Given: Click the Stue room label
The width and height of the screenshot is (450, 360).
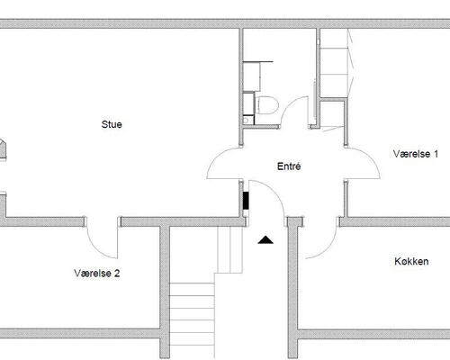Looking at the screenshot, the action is (x=112, y=124).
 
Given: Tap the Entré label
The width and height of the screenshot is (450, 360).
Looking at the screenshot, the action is (x=289, y=166).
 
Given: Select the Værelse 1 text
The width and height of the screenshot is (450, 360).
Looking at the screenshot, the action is (x=416, y=154).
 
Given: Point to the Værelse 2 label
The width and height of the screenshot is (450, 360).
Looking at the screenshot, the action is (x=97, y=273).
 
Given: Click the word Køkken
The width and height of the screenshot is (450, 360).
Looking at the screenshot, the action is (x=411, y=261).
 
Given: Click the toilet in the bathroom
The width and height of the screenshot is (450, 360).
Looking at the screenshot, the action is (x=266, y=105).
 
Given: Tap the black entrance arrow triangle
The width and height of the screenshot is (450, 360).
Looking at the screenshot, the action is (x=265, y=239).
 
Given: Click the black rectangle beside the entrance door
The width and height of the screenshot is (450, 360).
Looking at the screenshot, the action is (x=246, y=201).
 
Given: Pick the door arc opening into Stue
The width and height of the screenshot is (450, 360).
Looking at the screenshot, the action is (x=214, y=157).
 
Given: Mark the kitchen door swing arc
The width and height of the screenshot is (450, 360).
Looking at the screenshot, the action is (x=329, y=248).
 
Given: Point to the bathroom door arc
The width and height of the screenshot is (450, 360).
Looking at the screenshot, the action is (x=287, y=105).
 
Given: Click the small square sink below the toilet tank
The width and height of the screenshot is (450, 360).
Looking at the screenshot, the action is (x=247, y=121).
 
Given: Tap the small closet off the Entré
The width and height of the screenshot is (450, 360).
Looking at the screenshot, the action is (x=332, y=114).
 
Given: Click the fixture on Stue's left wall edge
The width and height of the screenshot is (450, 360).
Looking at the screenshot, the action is (x=3, y=149).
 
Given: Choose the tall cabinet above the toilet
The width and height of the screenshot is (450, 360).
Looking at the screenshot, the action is (x=251, y=76).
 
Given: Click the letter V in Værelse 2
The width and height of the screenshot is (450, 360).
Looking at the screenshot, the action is (x=77, y=273).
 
